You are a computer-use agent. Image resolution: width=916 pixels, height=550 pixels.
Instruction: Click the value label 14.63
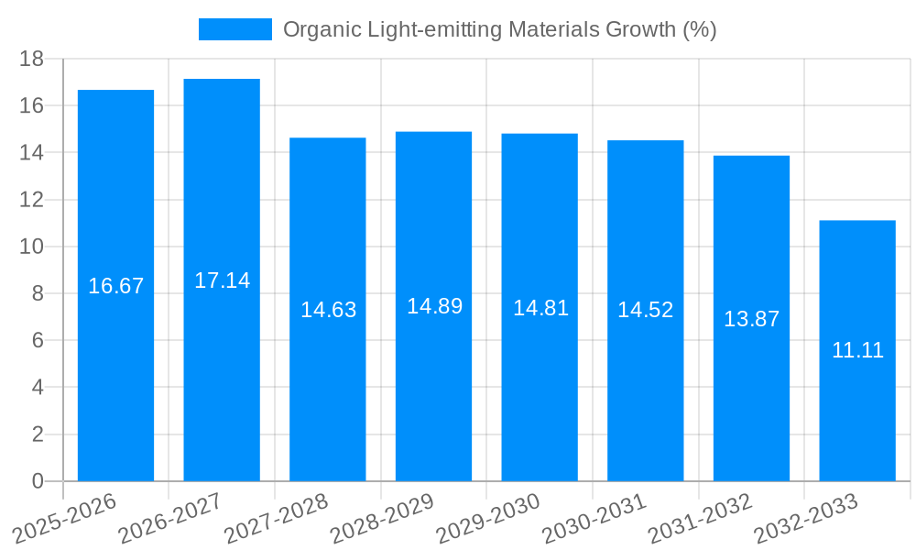[328, 310]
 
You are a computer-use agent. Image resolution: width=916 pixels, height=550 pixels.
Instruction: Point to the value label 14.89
[434, 306]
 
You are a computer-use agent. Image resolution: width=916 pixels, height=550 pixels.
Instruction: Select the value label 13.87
[751, 319]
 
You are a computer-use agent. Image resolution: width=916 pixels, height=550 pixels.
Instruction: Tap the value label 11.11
[857, 349]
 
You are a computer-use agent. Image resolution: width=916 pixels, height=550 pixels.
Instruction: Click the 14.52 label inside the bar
[645, 310]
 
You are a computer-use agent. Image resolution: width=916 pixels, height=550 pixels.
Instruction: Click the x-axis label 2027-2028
[275, 519]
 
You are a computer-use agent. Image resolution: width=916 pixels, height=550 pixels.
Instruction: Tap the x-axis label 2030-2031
[593, 519]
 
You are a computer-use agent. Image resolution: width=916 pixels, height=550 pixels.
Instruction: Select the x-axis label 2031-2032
[699, 519]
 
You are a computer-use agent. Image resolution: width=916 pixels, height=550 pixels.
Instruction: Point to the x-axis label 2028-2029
[381, 519]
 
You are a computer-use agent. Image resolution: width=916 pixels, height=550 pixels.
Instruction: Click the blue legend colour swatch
[235, 29]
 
